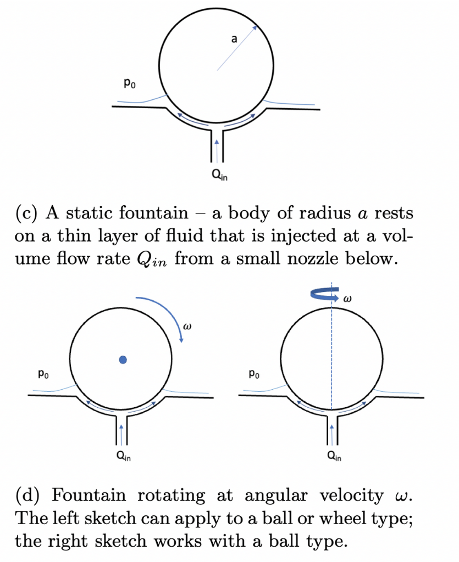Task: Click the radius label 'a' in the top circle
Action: coord(234,39)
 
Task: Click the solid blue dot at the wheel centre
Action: coord(123,359)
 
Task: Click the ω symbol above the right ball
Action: coord(346,300)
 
